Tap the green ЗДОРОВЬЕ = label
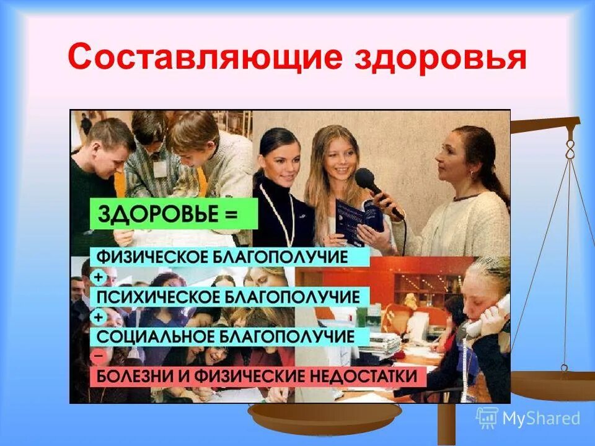click(174, 214)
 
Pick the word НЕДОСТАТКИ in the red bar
click(368, 376)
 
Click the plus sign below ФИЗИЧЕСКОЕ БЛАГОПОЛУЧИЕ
click(98, 277)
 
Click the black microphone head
click(365, 179)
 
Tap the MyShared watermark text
click(540, 418)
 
